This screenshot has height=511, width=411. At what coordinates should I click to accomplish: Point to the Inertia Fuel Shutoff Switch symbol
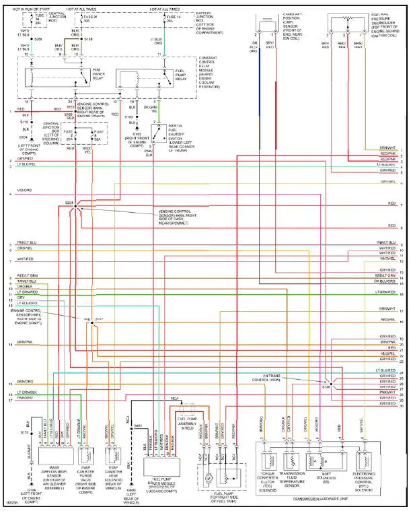pyautogui.click(x=159, y=135)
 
